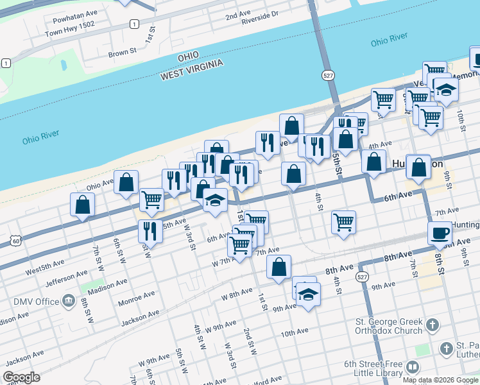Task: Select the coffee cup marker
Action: pos(440,233)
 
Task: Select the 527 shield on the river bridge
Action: pos(329,76)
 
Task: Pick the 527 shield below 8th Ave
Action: pos(363,277)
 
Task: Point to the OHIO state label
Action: pos(189,57)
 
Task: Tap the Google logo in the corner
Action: pos(21,377)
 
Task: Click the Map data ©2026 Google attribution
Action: pos(440,379)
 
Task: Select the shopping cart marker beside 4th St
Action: pos(344,222)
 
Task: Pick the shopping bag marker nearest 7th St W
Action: pos(83,205)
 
